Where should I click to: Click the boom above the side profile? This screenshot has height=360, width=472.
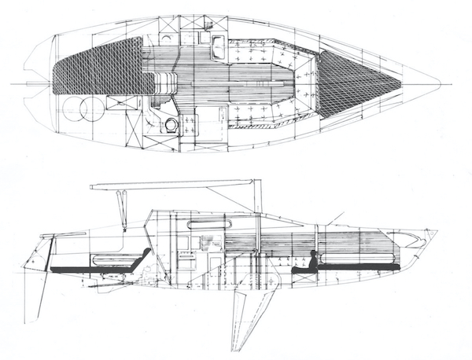[x=173, y=184]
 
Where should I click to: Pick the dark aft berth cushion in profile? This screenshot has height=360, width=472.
[x=94, y=269]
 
